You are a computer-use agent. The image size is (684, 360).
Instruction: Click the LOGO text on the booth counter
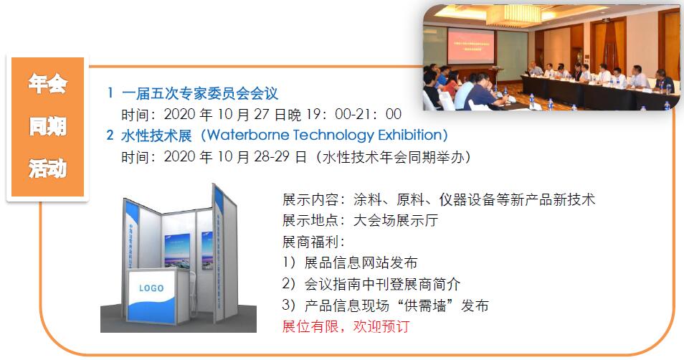tap(151, 288)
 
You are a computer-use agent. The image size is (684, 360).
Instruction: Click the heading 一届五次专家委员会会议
tap(199, 93)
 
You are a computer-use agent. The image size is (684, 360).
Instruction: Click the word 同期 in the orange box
tap(47, 127)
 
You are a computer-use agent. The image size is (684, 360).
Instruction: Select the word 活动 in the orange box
tap(47, 169)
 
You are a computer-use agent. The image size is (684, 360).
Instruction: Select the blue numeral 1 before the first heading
tap(110, 93)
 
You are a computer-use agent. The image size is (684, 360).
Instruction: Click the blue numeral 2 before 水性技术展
tap(110, 135)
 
